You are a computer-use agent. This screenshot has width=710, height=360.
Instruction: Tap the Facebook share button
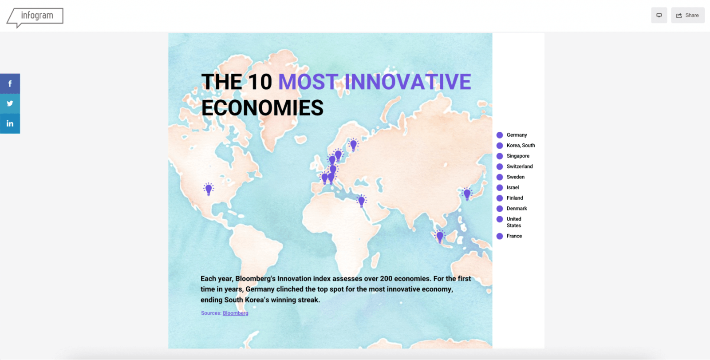pyautogui.click(x=10, y=84)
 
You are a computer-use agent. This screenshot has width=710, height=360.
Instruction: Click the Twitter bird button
pyautogui.click(x=10, y=104)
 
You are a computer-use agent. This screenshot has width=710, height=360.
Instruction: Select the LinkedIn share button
pyautogui.click(x=10, y=123)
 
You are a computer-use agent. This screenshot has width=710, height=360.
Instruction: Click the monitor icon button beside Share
pyautogui.click(x=659, y=15)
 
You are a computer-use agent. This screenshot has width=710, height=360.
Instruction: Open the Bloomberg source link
pyautogui.click(x=236, y=313)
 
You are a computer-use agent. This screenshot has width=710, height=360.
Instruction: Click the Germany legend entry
pyautogui.click(x=512, y=135)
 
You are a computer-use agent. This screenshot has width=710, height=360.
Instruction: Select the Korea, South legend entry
pyautogui.click(x=516, y=146)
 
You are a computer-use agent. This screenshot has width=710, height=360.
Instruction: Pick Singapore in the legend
pyautogui.click(x=513, y=156)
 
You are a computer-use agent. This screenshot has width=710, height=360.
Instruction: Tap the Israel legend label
pyautogui.click(x=513, y=187)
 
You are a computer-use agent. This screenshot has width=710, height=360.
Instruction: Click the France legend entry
pyautogui.click(x=509, y=236)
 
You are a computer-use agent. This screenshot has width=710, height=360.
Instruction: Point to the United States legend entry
pyautogui.click(x=509, y=222)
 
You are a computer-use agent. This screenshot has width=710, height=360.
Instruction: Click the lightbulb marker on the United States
pyautogui.click(x=209, y=190)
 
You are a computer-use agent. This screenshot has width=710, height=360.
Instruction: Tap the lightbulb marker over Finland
pyautogui.click(x=353, y=145)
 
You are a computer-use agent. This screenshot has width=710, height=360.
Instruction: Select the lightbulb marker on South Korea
pyautogui.click(x=467, y=194)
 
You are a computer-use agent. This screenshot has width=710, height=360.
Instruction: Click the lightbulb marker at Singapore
pyautogui.click(x=440, y=236)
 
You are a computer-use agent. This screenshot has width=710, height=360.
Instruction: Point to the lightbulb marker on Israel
pyautogui.click(x=361, y=201)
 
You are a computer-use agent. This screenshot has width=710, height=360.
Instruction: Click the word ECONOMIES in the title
pyautogui.click(x=262, y=108)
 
